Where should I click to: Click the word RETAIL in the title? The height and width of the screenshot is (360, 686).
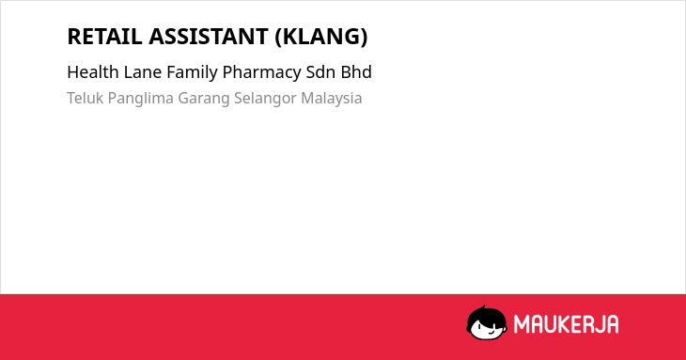point(104,37)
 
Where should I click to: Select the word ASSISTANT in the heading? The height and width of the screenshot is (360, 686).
point(209,37)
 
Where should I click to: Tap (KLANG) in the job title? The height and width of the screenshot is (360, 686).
point(321,37)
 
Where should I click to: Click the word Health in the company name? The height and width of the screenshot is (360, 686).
point(93,71)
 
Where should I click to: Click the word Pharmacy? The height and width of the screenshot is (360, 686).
point(261,72)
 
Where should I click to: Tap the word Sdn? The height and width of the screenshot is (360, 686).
point(320,71)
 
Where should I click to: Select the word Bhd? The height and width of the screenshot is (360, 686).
point(356,71)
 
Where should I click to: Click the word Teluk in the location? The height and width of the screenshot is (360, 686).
point(85,98)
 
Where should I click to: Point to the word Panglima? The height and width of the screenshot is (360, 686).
point(140,99)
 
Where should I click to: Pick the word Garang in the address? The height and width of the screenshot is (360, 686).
point(203,99)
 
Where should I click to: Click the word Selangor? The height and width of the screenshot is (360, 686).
point(265,99)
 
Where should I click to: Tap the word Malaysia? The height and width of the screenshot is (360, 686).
point(331,99)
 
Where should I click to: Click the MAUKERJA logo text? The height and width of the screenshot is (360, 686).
point(566,324)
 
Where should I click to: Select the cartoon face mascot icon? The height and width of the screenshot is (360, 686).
point(487,323)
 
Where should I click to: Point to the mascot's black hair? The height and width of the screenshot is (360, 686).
point(486,314)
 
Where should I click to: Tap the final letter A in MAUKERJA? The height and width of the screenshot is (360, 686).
point(613,324)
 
